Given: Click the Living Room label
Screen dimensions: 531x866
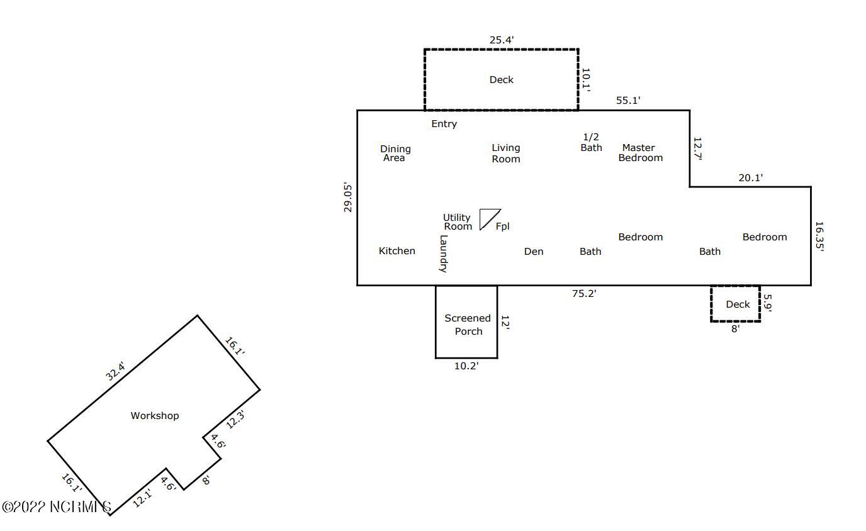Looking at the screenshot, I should pyautogui.click(x=506, y=154).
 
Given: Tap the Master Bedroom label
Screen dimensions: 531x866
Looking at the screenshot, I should pyautogui.click(x=640, y=153).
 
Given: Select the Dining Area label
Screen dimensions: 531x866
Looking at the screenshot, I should pyautogui.click(x=395, y=154).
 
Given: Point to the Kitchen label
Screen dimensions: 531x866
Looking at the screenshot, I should pyautogui.click(x=396, y=251).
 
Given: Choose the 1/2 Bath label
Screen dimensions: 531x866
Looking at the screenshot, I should pyautogui.click(x=591, y=142).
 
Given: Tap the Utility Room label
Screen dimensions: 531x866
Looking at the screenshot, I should pyautogui.click(x=458, y=222).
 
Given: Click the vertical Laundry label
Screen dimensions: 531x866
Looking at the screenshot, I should pyautogui.click(x=444, y=254).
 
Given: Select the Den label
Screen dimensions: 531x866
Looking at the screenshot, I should pyautogui.click(x=534, y=252).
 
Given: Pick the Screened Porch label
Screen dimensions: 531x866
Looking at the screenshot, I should pyautogui.click(x=468, y=325).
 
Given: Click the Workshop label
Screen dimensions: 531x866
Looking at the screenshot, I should pyautogui.click(x=155, y=416).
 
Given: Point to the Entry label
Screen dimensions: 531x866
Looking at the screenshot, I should pyautogui.click(x=444, y=124).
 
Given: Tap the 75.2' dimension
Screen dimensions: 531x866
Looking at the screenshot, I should pyautogui.click(x=584, y=294).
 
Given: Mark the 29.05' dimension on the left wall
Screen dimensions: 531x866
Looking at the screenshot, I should pyautogui.click(x=347, y=197).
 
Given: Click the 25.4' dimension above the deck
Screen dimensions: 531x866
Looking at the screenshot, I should pyautogui.click(x=502, y=40).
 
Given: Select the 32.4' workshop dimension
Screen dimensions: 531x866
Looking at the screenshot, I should pyautogui.click(x=116, y=371).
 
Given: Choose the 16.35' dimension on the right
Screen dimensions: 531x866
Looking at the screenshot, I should pyautogui.click(x=819, y=236).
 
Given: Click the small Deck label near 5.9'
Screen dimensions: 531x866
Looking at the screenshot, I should pyautogui.click(x=738, y=305).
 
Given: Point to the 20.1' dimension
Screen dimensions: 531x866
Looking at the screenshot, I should pyautogui.click(x=750, y=178).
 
